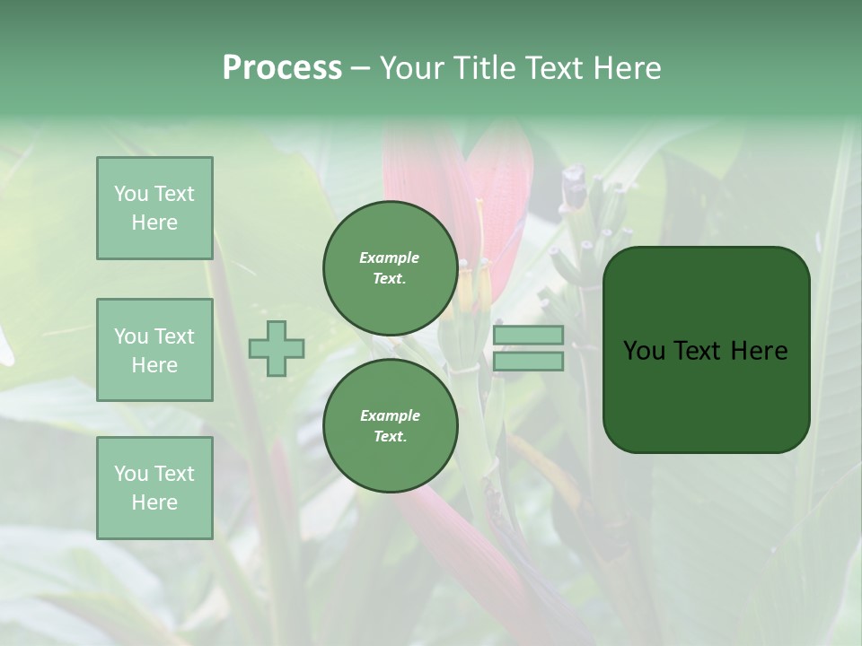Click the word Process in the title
(x=282, y=68)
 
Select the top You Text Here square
(x=154, y=208)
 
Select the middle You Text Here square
(x=154, y=350)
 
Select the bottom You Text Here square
(x=154, y=487)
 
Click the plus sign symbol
(x=277, y=349)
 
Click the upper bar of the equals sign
(x=529, y=336)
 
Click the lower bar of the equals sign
(x=529, y=362)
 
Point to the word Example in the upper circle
(x=390, y=258)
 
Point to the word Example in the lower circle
(x=390, y=415)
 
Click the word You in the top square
(x=131, y=194)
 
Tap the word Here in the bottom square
(x=154, y=502)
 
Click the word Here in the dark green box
(x=760, y=351)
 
